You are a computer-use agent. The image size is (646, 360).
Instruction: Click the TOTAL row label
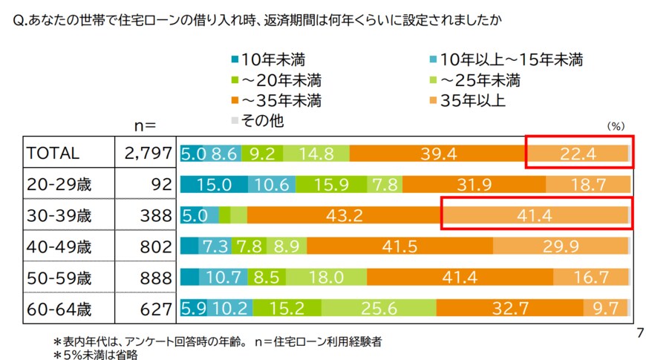click(53, 153)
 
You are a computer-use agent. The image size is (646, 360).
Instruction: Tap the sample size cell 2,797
click(147, 153)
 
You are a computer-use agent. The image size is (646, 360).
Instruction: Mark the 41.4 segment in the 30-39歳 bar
click(535, 215)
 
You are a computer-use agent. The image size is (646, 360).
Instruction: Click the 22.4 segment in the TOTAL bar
click(578, 153)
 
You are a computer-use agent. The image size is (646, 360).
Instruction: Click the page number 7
click(639, 333)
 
